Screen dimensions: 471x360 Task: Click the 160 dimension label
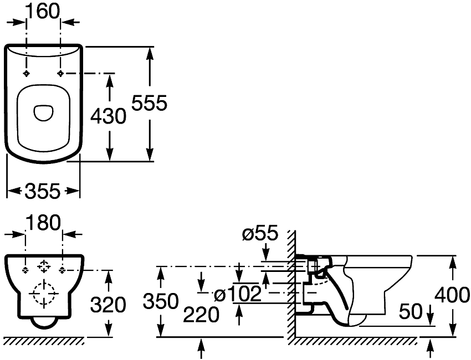coord(44,12)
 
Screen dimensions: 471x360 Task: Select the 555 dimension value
coord(149,103)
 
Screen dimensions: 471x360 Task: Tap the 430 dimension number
coord(109,116)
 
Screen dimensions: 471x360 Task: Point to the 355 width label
coord(43,191)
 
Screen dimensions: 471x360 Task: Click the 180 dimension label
coord(44,223)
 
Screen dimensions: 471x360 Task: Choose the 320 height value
coord(108,305)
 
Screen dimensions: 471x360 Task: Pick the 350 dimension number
coord(161,301)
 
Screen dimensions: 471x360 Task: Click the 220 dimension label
coord(201,315)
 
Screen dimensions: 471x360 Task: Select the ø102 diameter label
coord(238,294)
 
